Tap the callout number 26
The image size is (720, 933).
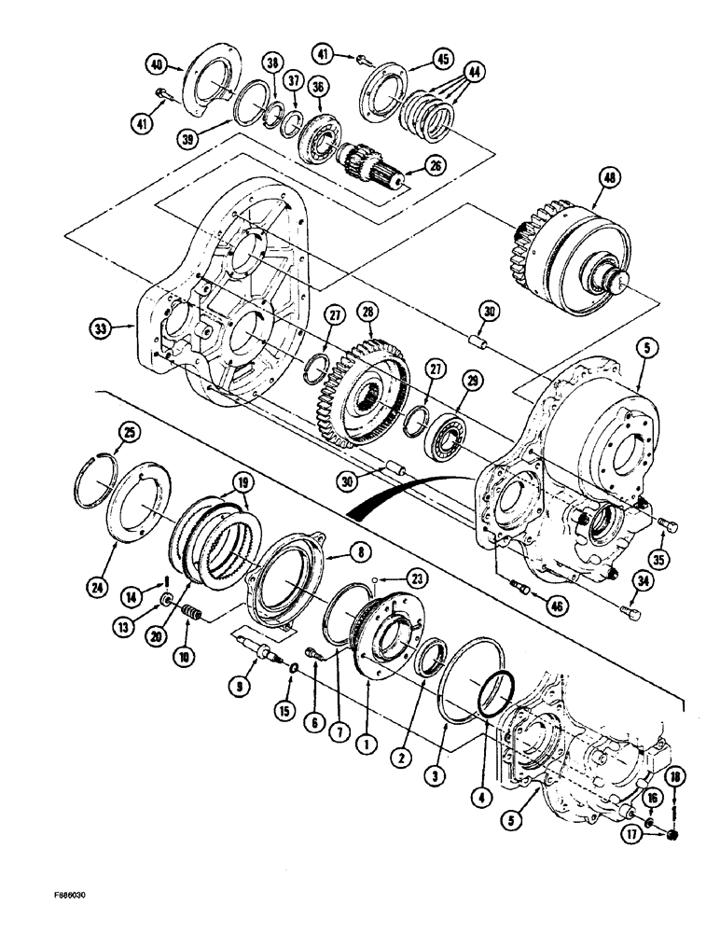pos(434,167)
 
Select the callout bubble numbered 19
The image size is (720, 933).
pos(242,483)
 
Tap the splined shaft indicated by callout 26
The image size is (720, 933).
pos(378,165)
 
